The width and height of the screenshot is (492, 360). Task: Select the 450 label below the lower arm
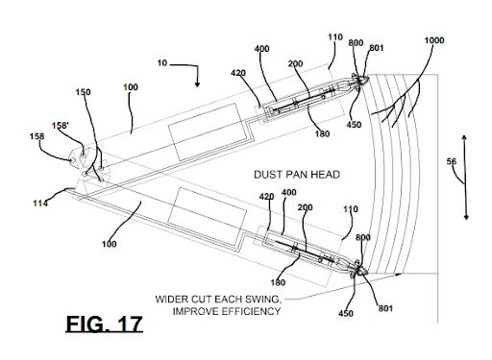point(347,312)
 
